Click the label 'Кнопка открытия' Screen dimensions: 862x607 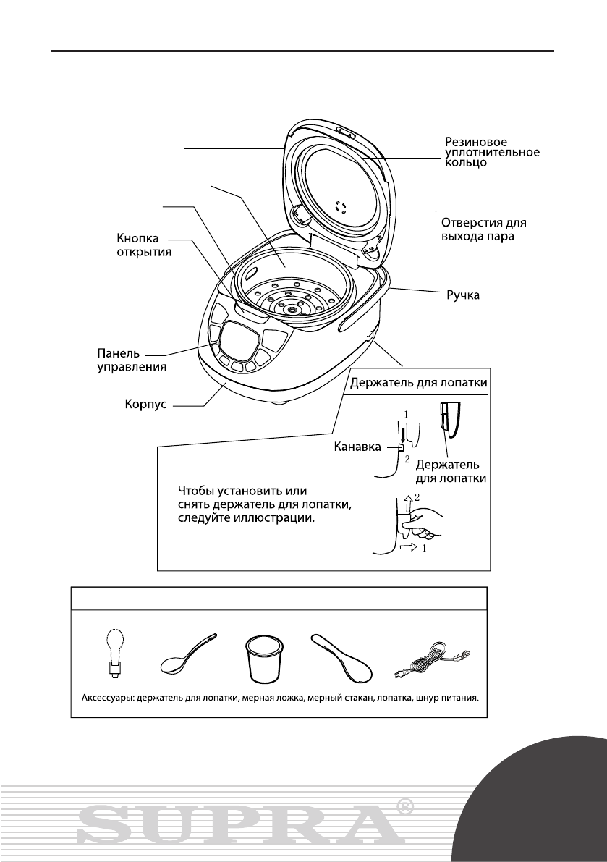[144, 248]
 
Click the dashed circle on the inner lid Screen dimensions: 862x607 [343, 208]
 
